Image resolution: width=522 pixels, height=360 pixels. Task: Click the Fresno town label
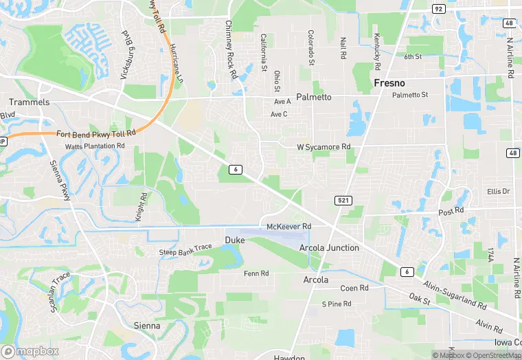pos(394,82)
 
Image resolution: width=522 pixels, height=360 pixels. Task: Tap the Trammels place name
pos(30,102)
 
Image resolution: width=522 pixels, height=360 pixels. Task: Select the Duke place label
pos(234,240)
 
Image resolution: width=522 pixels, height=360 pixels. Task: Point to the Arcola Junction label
pos(329,247)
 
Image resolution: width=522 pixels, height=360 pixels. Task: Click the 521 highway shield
pos(345,200)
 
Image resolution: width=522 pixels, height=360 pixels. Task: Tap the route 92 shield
pos(438,8)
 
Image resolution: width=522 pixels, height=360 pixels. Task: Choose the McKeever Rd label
pos(288,226)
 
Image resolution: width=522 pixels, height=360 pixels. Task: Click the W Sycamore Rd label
pos(324,147)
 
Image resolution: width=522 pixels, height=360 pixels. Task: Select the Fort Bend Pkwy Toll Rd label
pos(95,133)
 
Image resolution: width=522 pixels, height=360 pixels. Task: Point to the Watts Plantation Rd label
pos(95,146)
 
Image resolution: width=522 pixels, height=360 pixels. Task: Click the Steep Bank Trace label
pos(185,252)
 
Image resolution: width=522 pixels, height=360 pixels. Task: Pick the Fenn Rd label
pos(256,273)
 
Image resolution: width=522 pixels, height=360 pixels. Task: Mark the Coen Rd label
pos(354,288)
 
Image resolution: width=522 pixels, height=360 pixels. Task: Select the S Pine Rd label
pos(337,304)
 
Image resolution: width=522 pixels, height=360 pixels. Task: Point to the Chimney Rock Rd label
pos(231,48)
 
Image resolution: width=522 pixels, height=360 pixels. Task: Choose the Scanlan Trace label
pos(60,293)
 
